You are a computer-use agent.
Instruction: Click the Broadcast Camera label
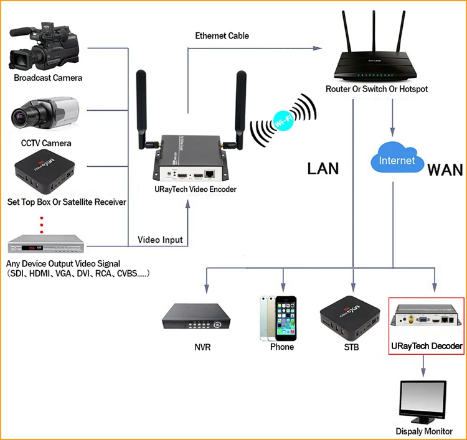[48, 78]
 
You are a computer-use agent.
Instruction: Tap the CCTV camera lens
[19, 116]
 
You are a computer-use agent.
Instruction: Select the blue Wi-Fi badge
[283, 121]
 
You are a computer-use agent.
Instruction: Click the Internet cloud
[397, 158]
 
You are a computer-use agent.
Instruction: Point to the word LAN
[323, 169]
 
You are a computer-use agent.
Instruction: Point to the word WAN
[445, 170]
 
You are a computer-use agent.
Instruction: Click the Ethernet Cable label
[222, 35]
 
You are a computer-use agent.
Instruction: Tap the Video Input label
[160, 240]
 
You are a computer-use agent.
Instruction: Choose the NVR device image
[196, 316]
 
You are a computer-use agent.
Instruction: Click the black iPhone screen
[286, 319]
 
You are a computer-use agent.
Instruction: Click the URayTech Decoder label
[427, 346]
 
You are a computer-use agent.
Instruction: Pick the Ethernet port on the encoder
[210, 174]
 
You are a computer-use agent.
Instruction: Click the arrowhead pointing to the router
[318, 48]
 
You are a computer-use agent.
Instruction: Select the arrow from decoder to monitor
[423, 366]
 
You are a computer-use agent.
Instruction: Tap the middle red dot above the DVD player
[41, 225]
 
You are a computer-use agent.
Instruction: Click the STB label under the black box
[351, 347]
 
